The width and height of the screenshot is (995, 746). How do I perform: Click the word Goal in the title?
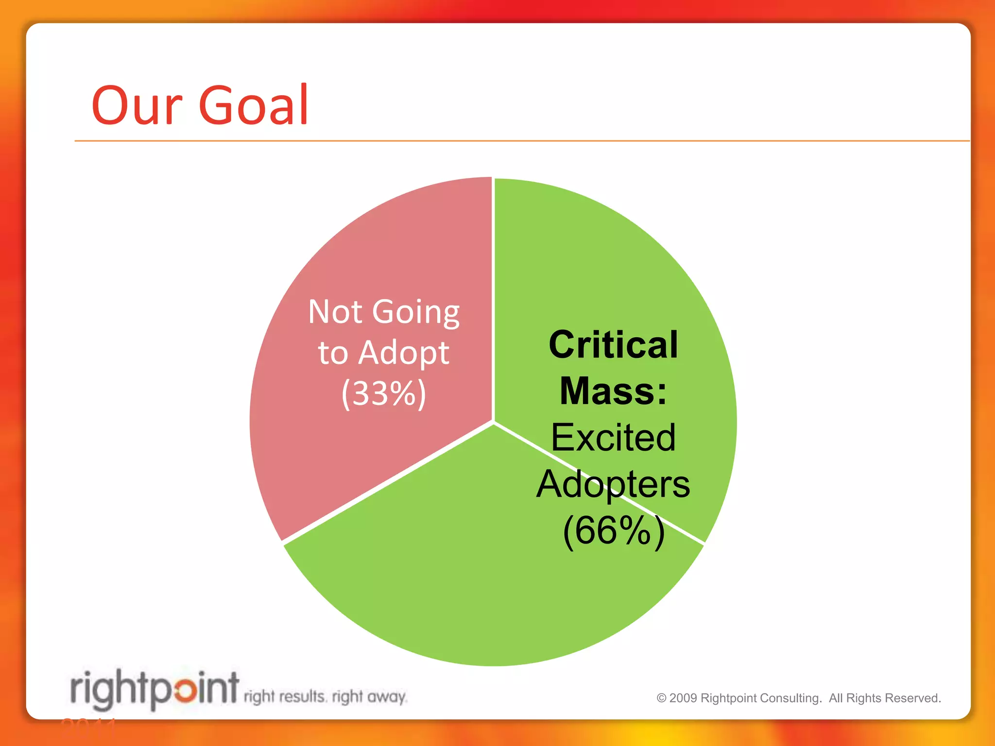coord(253,105)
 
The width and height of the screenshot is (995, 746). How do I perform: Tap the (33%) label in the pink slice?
coord(384,393)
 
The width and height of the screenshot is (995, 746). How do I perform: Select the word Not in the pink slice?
coord(335,312)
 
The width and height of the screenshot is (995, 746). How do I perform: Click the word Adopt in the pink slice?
coord(404,354)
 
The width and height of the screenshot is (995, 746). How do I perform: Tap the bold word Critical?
coord(613,345)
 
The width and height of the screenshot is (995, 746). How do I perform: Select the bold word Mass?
coord(613,391)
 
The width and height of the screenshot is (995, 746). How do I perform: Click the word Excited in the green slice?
coord(613,437)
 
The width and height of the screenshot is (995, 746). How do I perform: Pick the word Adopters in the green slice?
coord(613,484)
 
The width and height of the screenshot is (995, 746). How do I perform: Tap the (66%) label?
coord(613,530)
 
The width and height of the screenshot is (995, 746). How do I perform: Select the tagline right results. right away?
coord(325,697)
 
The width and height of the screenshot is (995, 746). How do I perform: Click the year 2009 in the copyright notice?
coord(683,698)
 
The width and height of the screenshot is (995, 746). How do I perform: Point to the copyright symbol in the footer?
coord(661,698)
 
